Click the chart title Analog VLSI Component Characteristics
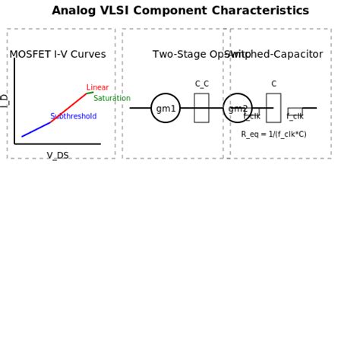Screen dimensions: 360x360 [x=191, y=11]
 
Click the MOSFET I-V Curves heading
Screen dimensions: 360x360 [x=58, y=55]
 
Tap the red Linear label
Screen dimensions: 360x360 [x=97, y=88]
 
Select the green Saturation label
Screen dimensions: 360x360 [x=112, y=99]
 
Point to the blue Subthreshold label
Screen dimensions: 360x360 [x=73, y=117]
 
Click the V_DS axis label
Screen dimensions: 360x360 [x=58, y=156]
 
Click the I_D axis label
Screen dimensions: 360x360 [x=5, y=100]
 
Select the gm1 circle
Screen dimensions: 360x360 [x=166, y=108]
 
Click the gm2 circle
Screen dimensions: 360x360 [x=238, y=108]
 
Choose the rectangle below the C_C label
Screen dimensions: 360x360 [x=201, y=108]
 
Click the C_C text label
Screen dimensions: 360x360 [x=201, y=84]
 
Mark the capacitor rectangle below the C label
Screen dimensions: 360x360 [x=273, y=108]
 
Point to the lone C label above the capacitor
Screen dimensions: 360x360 [x=273, y=84]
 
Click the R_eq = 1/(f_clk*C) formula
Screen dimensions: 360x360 [x=273, y=134]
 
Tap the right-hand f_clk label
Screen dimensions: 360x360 [x=295, y=117]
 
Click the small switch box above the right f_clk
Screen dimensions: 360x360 [x=295, y=110]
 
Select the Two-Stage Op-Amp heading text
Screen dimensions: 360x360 [x=190, y=55]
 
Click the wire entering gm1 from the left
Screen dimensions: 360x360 [x=141, y=108]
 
